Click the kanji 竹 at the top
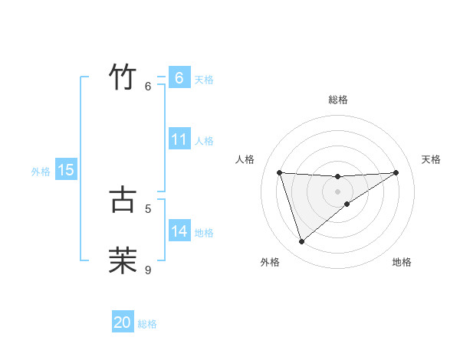[123, 77]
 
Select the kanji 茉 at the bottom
[123, 260]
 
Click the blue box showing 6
[179, 78]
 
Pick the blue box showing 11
[179, 139]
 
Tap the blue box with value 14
[179, 231]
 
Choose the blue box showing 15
[66, 170]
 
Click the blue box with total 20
[123, 322]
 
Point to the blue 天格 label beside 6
[204, 79]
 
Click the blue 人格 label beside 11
[204, 141]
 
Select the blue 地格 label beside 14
[204, 232]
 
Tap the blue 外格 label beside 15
[41, 172]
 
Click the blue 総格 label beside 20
[147, 324]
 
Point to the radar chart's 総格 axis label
[338, 100]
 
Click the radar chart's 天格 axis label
[432, 159]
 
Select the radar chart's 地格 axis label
[402, 262]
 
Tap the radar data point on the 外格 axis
[301, 242]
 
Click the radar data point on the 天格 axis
[396, 172]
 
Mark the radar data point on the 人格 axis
[280, 172]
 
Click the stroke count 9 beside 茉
[148, 270]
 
